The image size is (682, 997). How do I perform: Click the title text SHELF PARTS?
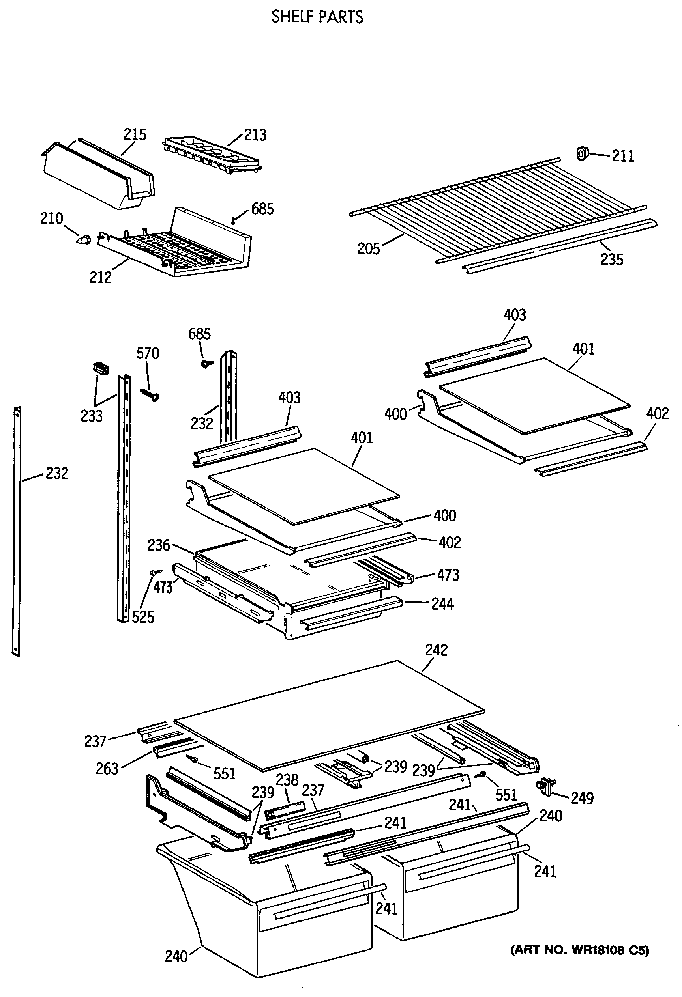317,17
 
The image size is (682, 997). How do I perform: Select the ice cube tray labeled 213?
212,155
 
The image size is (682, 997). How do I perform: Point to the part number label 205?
369,249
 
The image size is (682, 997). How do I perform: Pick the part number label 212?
100,278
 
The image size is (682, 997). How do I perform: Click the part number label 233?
92,416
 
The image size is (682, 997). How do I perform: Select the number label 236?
159,545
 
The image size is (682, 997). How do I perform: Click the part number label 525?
142,617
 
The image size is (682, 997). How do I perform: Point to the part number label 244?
442,604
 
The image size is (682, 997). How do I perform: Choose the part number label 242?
437,650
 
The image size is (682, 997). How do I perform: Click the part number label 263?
107,769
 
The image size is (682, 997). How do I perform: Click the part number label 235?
612,260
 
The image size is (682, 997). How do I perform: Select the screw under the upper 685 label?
233,221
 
